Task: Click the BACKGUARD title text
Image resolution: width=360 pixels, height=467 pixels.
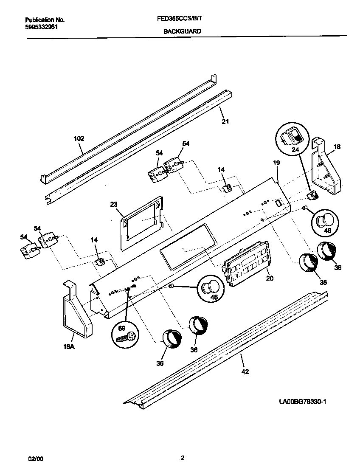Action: (x=182, y=31)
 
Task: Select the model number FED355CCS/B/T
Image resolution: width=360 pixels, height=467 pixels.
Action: (x=182, y=20)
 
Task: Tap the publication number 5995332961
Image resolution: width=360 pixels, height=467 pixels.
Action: (x=42, y=26)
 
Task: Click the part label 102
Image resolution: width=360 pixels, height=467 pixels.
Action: (x=79, y=138)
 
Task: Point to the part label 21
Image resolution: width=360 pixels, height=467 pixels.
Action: (x=225, y=122)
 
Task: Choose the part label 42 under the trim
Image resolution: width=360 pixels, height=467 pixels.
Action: (x=245, y=371)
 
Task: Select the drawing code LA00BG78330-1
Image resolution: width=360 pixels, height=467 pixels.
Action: (x=302, y=401)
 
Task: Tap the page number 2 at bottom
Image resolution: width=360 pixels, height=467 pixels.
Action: (x=182, y=458)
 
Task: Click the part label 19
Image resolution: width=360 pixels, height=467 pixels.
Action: (x=276, y=163)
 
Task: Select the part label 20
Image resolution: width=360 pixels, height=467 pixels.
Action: (x=269, y=279)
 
